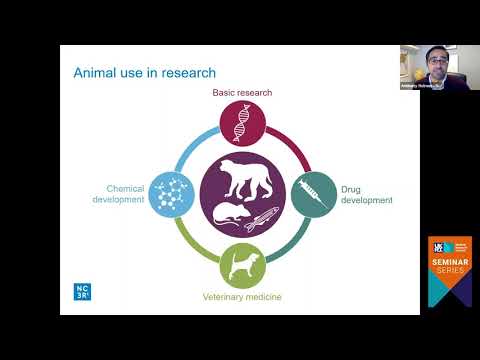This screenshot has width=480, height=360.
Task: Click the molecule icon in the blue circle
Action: (172, 193)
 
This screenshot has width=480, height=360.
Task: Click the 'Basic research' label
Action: (242, 93)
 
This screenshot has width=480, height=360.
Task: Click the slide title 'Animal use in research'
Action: (145, 72)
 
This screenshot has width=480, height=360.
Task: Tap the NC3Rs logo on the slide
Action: (82, 290)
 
